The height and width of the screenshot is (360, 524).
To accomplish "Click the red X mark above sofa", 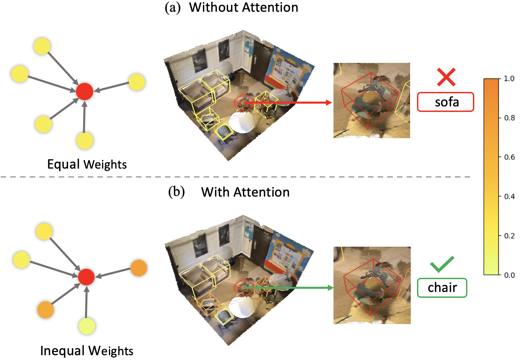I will pyautogui.click(x=446, y=77).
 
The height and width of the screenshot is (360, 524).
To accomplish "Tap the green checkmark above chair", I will pyautogui.click(x=442, y=265).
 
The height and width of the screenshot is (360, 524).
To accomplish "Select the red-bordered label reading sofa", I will pyautogui.click(x=446, y=102).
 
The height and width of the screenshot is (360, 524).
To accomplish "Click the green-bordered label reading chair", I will pyautogui.click(x=442, y=288).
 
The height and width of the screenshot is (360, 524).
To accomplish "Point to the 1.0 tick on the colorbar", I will pyautogui.click(x=508, y=78).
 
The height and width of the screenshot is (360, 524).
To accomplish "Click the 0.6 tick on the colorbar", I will pyautogui.click(x=509, y=157).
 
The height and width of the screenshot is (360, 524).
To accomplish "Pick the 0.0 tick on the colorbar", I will pyautogui.click(x=509, y=275).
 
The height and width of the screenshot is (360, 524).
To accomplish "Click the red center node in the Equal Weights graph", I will pyautogui.click(x=85, y=92).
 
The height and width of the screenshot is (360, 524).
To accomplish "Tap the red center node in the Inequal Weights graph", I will pyautogui.click(x=86, y=277).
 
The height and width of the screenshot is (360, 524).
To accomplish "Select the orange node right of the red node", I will pyautogui.click(x=139, y=268).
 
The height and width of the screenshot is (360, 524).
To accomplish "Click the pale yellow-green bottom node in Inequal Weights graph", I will pyautogui.click(x=87, y=326).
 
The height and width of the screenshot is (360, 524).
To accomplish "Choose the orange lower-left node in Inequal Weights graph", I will pyautogui.click(x=46, y=310).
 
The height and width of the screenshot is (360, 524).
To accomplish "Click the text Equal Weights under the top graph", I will pyautogui.click(x=87, y=164).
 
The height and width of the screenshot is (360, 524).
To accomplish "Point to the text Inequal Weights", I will pyautogui.click(x=87, y=351).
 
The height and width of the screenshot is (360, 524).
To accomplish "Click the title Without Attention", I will pyautogui.click(x=243, y=7).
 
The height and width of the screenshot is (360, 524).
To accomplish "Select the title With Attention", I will pyautogui.click(x=245, y=192).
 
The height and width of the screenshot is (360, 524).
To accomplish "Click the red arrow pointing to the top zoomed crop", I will pyautogui.click(x=287, y=102).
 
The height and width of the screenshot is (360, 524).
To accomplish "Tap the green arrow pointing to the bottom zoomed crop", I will pyautogui.click(x=287, y=288).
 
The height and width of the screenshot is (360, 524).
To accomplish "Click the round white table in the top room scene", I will pyautogui.click(x=242, y=122).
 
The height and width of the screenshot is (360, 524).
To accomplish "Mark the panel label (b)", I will pyautogui.click(x=176, y=192).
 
